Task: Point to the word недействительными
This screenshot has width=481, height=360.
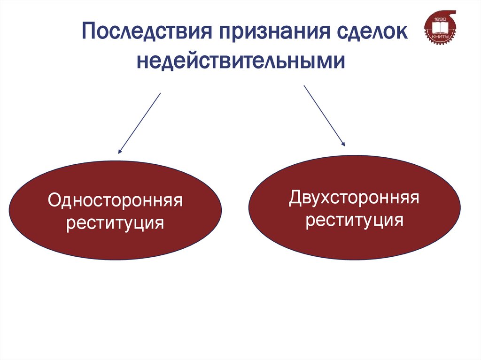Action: click(241, 61)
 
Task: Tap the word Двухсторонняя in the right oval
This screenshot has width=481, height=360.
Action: click(354, 198)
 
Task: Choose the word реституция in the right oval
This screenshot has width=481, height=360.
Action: click(354, 219)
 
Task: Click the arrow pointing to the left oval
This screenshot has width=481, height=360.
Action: click(140, 123)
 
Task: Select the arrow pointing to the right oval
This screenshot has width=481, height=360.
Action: click(325, 115)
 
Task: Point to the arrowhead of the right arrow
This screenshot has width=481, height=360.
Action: click(343, 144)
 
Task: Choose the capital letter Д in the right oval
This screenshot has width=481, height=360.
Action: click(295, 198)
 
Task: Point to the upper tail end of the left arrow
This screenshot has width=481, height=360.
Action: click(160, 93)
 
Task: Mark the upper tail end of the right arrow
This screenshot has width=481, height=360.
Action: click(305, 86)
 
